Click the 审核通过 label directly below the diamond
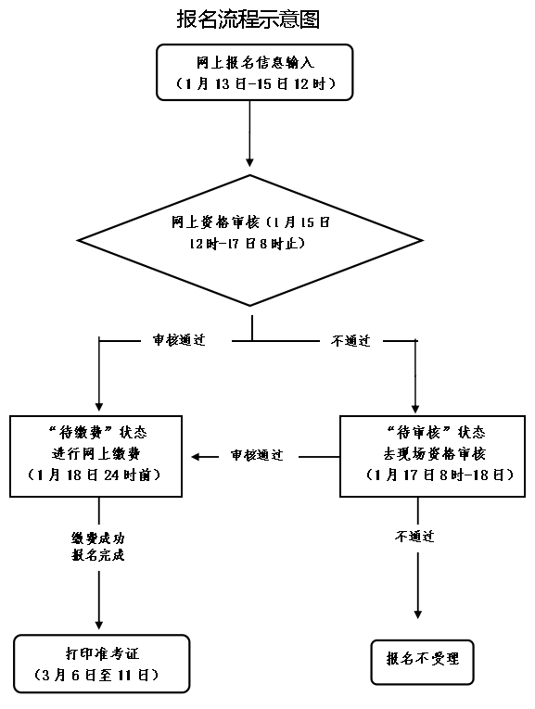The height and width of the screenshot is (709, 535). point(178,340)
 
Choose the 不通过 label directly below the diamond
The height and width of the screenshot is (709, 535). point(350,340)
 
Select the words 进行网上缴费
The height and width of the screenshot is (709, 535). point(96,453)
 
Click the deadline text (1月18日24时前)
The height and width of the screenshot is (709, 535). point(96,475)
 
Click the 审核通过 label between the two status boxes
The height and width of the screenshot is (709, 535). point(257,456)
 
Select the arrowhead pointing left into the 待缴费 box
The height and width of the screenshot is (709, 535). point(197,456)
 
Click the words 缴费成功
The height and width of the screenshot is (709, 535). point(97,538)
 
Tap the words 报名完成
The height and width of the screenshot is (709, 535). point(97,556)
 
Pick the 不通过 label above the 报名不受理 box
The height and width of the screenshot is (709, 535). point(415,537)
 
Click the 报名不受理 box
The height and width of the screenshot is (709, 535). point(422,660)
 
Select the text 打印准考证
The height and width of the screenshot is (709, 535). point(101,653)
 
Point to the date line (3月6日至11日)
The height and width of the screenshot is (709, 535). point(101,674)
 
